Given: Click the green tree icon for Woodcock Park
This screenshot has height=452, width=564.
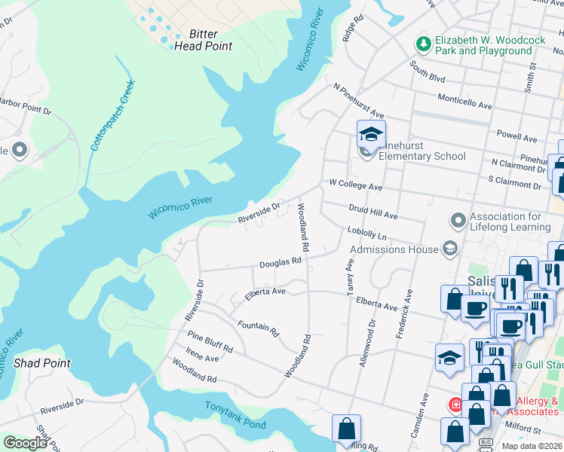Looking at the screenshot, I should click(x=423, y=44).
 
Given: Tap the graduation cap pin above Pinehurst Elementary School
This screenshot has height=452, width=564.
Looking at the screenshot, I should click(x=371, y=135).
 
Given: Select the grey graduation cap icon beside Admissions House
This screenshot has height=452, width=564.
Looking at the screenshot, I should click(x=449, y=249).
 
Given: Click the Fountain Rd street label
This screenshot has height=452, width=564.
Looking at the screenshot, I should click(x=258, y=329).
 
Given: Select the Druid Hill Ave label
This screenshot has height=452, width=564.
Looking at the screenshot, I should click(x=372, y=212).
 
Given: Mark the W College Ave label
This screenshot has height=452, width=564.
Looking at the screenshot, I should click(x=355, y=185).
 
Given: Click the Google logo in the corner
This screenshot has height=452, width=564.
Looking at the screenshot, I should click(x=25, y=443).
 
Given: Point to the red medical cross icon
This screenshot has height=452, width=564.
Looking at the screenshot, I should click(x=455, y=405).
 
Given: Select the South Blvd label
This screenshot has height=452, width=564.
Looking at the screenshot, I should click(x=428, y=72).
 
